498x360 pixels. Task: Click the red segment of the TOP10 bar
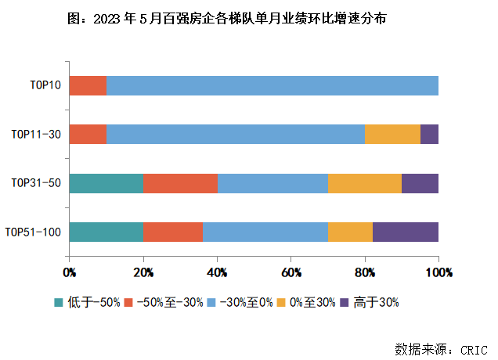click(x=88, y=85)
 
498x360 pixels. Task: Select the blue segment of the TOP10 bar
click(x=272, y=85)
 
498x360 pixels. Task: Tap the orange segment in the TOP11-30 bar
click(x=392, y=134)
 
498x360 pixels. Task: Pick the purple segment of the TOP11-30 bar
click(x=429, y=134)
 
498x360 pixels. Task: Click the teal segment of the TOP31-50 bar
click(x=106, y=183)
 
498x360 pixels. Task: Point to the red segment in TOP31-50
click(x=180, y=183)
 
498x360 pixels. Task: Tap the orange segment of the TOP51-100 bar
click(x=350, y=232)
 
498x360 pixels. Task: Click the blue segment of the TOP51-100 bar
click(x=265, y=232)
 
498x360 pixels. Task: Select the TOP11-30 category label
click(x=36, y=134)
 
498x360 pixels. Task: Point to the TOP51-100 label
click(x=33, y=232)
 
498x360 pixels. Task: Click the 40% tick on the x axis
click(x=217, y=272)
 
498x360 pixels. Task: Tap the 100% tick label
click(x=439, y=272)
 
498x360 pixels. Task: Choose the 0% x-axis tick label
click(x=70, y=272)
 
